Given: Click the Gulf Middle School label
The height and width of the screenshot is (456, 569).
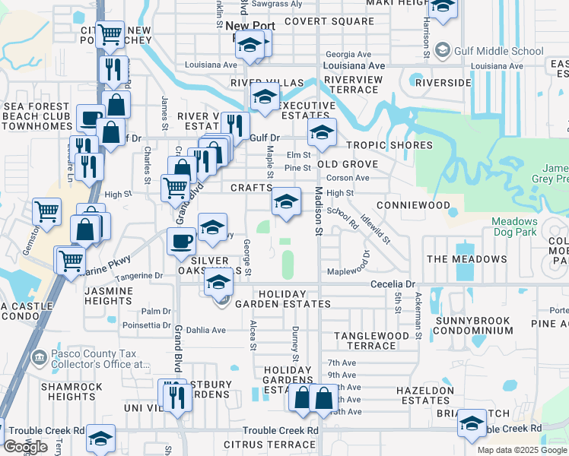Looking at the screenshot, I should [499, 52].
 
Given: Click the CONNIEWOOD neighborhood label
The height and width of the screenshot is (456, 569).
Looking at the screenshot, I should [414, 206].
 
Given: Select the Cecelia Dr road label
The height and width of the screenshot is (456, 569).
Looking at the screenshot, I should [393, 283].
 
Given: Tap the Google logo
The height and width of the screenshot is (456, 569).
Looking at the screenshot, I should [26, 447].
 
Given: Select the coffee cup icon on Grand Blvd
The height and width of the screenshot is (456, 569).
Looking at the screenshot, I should [181, 241].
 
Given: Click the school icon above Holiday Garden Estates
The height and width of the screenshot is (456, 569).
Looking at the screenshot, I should [218, 281].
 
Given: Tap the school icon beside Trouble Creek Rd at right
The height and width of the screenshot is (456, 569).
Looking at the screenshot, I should [472, 423].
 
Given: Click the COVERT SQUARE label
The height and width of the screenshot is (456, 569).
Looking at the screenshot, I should [329, 21].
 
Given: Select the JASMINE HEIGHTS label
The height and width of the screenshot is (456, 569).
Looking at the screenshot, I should [114, 296].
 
